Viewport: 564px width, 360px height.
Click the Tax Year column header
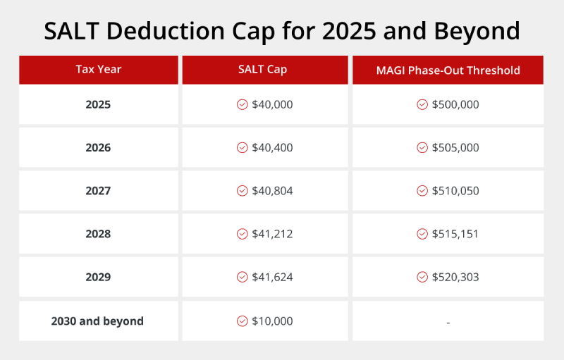pos(99,70)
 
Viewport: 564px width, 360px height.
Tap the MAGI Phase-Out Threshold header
pos(448,70)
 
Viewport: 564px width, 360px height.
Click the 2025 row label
pos(98,104)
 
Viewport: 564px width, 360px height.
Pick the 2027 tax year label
pos(98,191)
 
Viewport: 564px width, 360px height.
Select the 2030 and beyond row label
pos(97,321)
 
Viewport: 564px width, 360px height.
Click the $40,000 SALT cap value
pos(272,104)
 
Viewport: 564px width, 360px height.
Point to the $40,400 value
pos(272,148)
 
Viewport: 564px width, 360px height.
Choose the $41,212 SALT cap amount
pos(272,234)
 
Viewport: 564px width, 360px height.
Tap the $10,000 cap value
pos(272,321)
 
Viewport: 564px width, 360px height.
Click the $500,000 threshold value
pos(455,104)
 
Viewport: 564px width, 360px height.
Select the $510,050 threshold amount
pos(455,191)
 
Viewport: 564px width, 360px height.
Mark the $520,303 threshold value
pos(455,278)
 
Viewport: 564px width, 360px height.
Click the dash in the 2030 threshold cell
pos(448,323)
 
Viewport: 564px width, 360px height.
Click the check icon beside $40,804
pos(242,191)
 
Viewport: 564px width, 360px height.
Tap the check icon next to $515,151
pos(422,234)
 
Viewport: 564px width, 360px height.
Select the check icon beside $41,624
pos(242,278)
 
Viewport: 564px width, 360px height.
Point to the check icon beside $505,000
pos(422,148)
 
